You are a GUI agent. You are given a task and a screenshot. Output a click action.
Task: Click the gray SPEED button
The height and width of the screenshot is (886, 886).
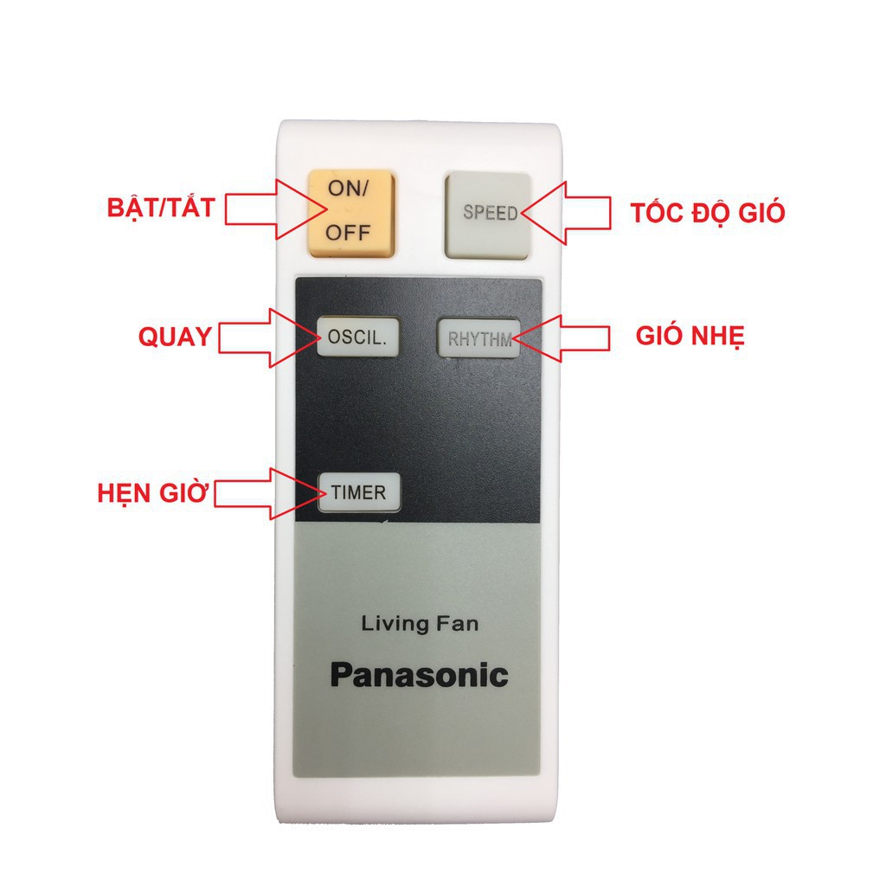pos(487,214)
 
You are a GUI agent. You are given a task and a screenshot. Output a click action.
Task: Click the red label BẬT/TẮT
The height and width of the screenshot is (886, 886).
pos(161,209)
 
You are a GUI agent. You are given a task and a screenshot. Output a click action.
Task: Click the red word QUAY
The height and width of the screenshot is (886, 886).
pos(175,337)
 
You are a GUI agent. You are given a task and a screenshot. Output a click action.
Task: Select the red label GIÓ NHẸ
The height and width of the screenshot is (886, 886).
pos(690,337)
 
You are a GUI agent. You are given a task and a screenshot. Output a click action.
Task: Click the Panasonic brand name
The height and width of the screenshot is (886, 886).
pos(419,675)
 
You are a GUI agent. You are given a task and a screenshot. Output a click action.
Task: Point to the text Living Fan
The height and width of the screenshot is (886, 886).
pos(419,622)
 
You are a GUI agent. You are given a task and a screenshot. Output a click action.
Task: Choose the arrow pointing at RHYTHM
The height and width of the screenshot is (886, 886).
pos(564,337)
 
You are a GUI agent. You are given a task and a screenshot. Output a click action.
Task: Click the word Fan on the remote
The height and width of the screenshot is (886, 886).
pos(459,622)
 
